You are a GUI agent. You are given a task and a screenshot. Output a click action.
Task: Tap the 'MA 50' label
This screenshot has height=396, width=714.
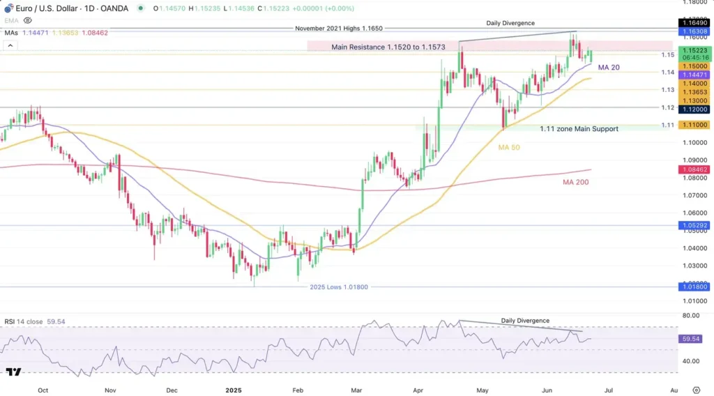pyautogui.click(x=508, y=148)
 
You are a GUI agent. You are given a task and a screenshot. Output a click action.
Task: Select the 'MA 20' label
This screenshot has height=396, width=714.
pyautogui.click(x=609, y=68)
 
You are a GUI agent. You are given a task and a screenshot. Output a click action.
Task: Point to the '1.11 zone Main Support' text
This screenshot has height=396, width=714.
pyautogui.click(x=579, y=129)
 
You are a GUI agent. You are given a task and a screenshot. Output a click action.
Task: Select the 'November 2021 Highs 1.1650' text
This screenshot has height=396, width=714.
pyautogui.click(x=339, y=29)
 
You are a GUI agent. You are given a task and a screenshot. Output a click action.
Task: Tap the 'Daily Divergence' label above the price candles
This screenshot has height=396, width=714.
pyautogui.click(x=510, y=24)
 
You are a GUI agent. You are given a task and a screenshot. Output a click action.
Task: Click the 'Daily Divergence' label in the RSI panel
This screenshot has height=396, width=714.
pyautogui.click(x=525, y=321)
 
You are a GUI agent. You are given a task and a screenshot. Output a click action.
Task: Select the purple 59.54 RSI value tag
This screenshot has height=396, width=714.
pyautogui.click(x=692, y=339)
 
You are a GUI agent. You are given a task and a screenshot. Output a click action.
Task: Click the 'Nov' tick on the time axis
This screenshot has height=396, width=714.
pyautogui.click(x=109, y=390)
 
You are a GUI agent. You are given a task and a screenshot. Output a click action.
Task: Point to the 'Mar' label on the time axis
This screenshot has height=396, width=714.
pyautogui.click(x=356, y=390)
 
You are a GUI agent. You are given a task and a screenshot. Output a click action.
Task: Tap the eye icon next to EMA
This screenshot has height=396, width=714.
pyautogui.click(x=28, y=21)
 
